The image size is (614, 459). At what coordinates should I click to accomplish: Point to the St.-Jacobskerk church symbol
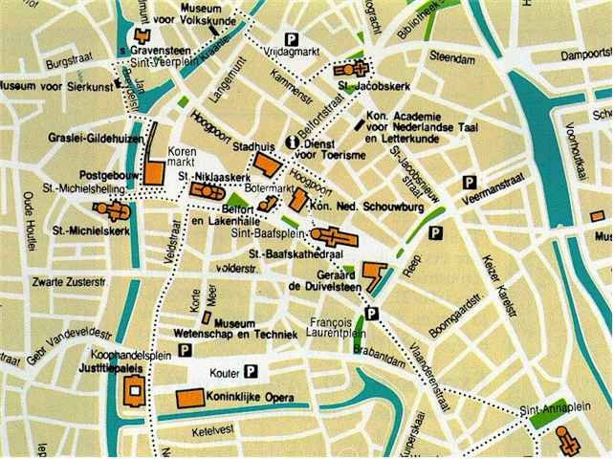(350, 71)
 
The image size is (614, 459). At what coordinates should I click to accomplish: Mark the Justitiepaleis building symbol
(134, 389)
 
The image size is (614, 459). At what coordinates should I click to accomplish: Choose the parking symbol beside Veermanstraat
(470, 183)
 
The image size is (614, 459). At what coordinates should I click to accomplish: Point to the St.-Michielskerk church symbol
(105, 209)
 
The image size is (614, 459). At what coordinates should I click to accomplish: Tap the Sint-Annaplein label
(551, 409)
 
